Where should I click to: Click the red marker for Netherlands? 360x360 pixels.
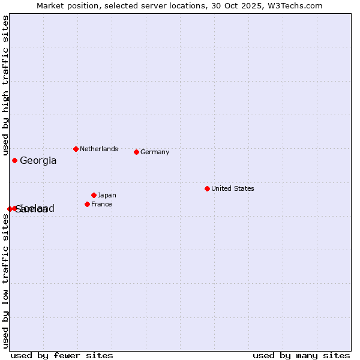(76, 149)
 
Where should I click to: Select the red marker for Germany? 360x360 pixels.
(136, 152)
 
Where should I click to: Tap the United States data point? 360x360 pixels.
(207, 188)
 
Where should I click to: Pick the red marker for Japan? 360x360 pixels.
(94, 195)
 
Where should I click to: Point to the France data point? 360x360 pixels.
(87, 204)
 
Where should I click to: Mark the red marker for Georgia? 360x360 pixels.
(14, 160)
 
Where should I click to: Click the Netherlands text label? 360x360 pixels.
(99, 149)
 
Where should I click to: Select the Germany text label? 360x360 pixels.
(155, 152)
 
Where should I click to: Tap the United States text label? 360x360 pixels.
(233, 188)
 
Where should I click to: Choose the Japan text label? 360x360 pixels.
(107, 195)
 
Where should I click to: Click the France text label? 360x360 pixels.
(101, 204)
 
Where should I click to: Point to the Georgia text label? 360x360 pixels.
(38, 160)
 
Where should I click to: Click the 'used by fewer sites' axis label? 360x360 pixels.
(62, 355)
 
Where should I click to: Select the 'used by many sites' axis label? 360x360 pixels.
(301, 355)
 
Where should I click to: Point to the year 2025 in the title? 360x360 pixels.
(252, 5)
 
